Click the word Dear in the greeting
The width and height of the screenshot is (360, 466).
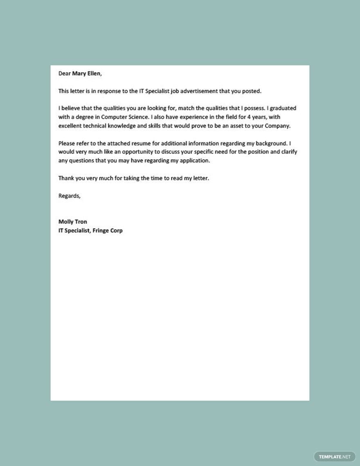pyautogui.click(x=65, y=74)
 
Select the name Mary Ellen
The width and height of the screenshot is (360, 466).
pyautogui.click(x=86, y=74)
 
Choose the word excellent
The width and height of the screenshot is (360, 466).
pyautogui.click(x=71, y=126)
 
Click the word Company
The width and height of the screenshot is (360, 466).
pyautogui.click(x=277, y=126)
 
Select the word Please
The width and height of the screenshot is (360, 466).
pyautogui.click(x=67, y=143)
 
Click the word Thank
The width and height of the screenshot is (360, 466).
pyautogui.click(x=66, y=178)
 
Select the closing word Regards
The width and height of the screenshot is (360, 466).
pyautogui.click(x=69, y=196)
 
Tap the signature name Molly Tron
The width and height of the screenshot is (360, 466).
pyautogui.click(x=72, y=222)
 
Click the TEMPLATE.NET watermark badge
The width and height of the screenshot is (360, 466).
pyautogui.click(x=335, y=457)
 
